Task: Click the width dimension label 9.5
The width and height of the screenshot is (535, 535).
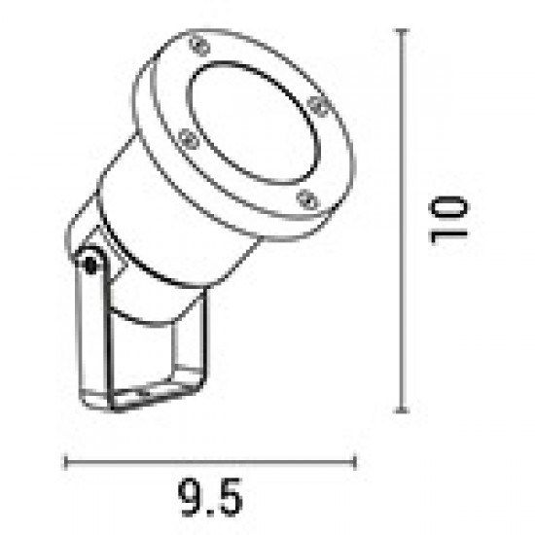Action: point(210,497)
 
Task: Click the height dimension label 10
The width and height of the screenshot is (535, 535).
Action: point(449,220)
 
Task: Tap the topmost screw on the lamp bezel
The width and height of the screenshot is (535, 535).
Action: point(200,46)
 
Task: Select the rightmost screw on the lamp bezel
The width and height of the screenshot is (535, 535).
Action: point(318,105)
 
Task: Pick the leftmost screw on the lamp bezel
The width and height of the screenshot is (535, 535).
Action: point(189,139)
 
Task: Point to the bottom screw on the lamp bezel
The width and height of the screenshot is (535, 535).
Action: point(307,199)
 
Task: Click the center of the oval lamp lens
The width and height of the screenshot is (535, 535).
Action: point(255,124)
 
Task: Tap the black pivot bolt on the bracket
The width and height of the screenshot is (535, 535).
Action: point(90,265)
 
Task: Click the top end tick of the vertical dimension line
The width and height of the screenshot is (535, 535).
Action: point(403,31)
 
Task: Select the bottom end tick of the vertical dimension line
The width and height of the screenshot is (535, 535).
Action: point(403,410)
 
